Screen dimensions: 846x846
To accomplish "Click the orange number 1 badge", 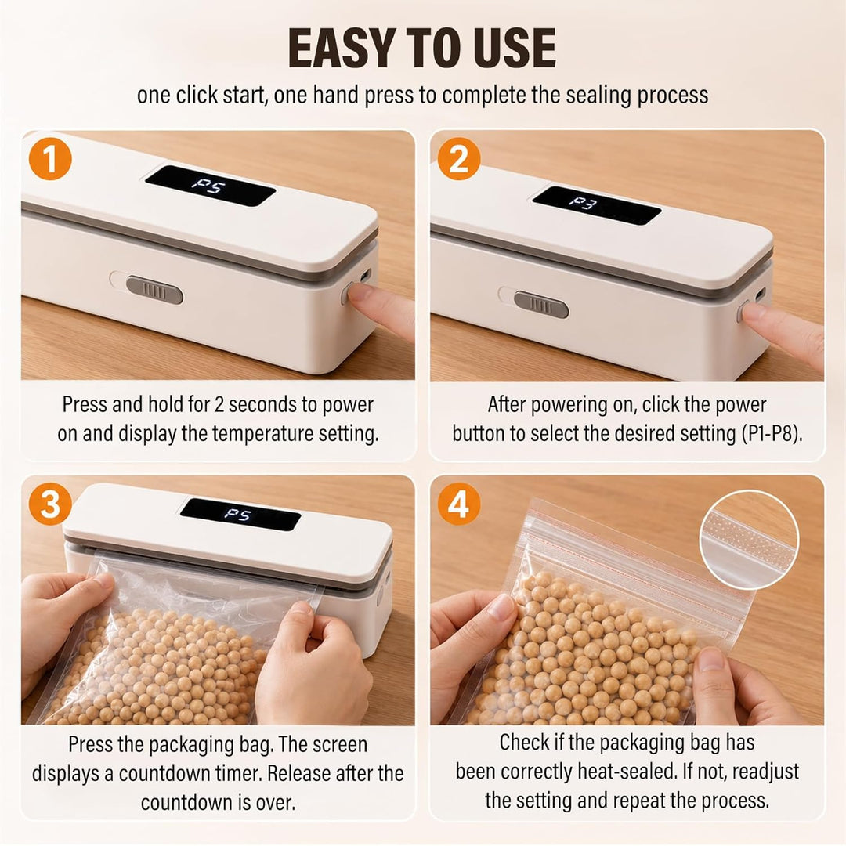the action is [50, 159].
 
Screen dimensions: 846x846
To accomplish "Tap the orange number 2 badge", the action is [458, 159].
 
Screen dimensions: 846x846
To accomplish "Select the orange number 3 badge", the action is [50, 504].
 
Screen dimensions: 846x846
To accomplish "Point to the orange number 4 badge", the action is [458, 504].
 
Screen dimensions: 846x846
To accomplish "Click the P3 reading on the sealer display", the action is [584, 203].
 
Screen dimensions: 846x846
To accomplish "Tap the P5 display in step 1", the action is [209, 186].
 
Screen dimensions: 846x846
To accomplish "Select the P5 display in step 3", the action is [238, 514].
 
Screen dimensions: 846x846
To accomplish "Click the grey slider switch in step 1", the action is [154, 291].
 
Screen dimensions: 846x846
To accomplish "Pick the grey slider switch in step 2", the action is [541, 304].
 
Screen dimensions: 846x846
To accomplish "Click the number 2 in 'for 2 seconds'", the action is [219, 405].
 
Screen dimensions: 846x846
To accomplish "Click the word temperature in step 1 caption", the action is [262, 434].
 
